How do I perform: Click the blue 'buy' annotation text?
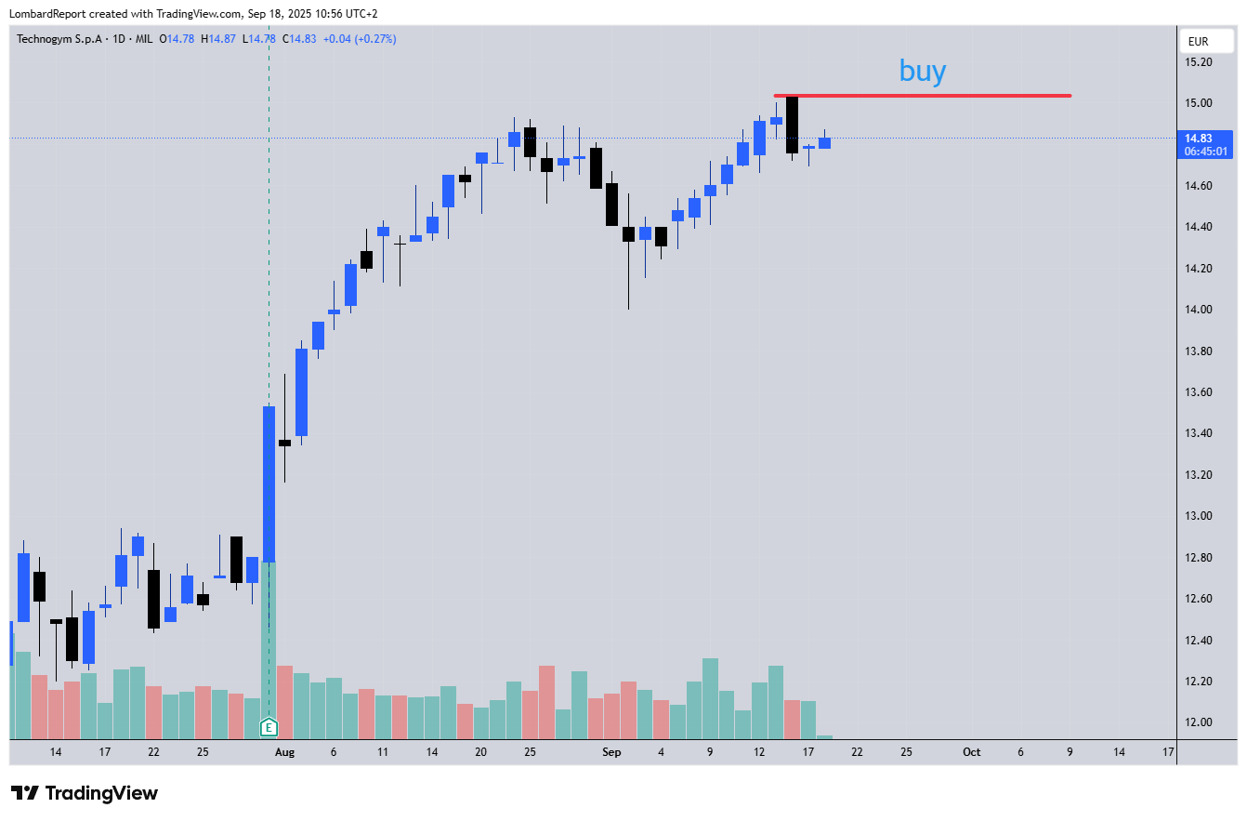coord(922,71)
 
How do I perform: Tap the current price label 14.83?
coord(1205,138)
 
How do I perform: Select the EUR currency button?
coord(1198,42)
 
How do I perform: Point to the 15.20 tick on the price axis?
coord(1199,62)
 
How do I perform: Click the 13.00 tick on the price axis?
coord(1199,516)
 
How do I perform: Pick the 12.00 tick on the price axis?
coord(1199,722)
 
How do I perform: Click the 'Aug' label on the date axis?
coord(284,752)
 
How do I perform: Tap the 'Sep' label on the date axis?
coord(611,752)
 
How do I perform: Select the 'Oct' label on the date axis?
coord(971,752)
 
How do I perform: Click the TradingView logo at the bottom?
coord(85,793)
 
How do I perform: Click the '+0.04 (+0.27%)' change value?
coord(360,39)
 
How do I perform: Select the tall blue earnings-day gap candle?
coord(269,483)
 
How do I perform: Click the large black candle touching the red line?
coord(792,125)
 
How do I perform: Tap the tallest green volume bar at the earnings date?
coord(269,642)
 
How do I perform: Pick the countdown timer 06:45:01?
coord(1205,152)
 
